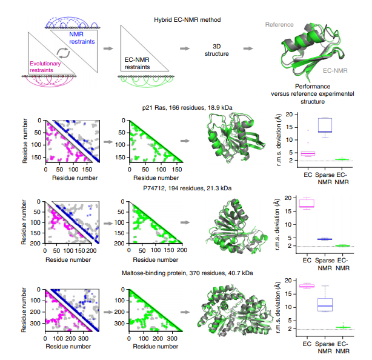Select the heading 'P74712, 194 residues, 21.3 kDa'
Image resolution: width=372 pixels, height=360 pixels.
coord(186,189)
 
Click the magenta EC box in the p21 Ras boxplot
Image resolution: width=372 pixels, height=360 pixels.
coord(308,153)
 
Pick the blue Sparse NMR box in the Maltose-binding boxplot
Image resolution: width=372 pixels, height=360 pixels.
coord(325,304)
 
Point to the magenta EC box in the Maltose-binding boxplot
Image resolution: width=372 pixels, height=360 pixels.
coord(308,285)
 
